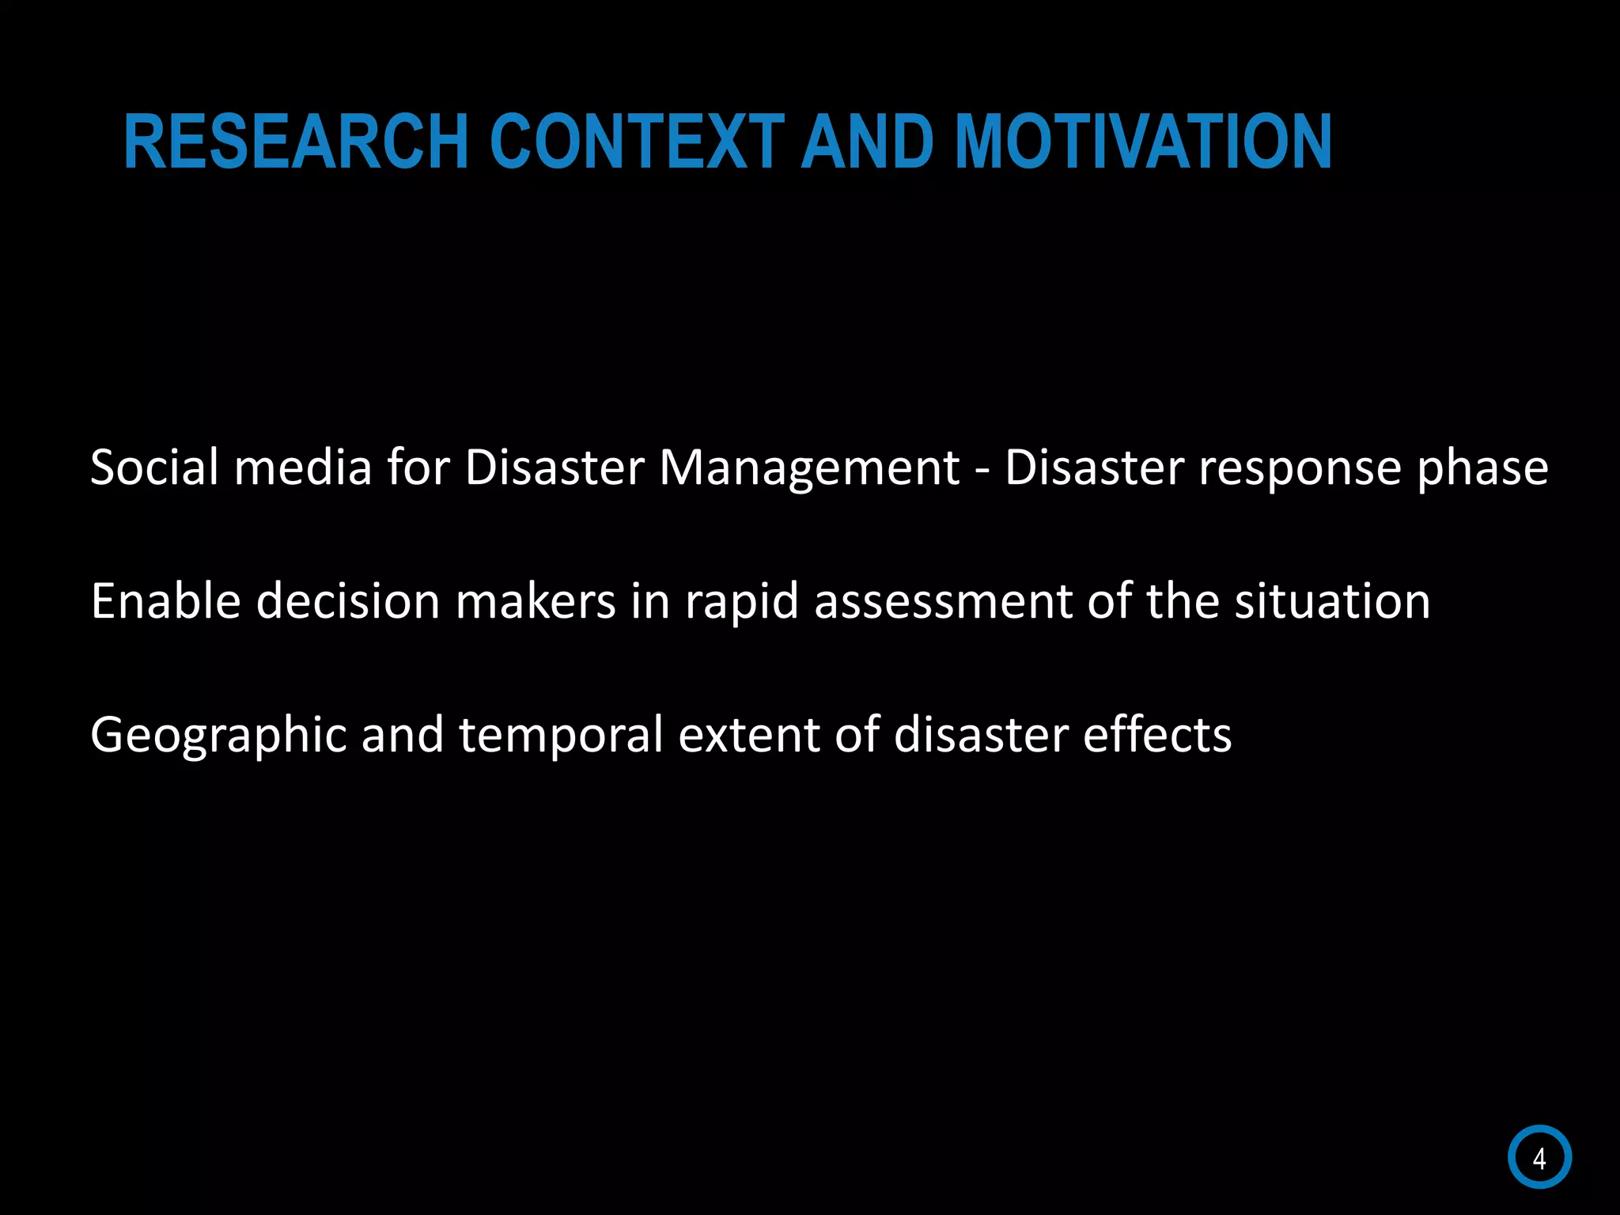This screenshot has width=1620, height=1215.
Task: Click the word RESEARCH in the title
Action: click(297, 142)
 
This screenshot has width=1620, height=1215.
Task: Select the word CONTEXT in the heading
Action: click(637, 142)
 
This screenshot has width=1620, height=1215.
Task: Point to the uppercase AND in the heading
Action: click(868, 142)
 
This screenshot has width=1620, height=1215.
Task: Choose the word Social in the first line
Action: click(154, 467)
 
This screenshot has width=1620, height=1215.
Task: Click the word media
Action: click(303, 467)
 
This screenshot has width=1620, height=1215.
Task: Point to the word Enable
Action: click(165, 601)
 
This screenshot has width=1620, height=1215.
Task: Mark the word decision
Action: click(348, 601)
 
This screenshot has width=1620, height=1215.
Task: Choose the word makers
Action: click(536, 601)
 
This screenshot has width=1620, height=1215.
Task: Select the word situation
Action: click(1332, 601)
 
